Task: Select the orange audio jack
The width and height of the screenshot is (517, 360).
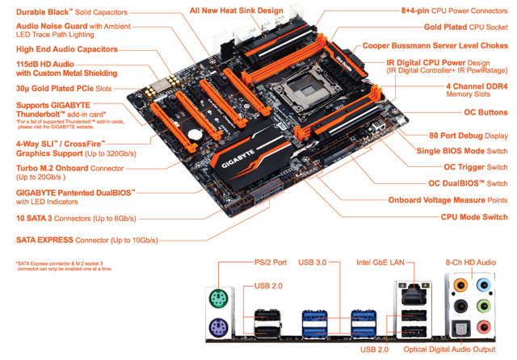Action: pos(461,284)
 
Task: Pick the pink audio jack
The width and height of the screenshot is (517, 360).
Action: pos(483,326)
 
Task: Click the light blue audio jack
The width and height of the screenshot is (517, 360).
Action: pos(483,284)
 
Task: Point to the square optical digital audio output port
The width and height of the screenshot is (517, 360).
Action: pos(462,327)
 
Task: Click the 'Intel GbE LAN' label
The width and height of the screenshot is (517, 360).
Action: pos(384,262)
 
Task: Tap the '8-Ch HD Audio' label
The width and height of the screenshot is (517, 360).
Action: pos(477,262)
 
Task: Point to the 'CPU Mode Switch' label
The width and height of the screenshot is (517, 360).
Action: pos(474,216)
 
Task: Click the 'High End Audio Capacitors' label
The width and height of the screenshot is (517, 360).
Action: pos(66,49)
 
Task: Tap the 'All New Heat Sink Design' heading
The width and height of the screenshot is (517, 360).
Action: pos(237,10)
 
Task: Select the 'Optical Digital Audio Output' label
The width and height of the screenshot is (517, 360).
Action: pos(450,350)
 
